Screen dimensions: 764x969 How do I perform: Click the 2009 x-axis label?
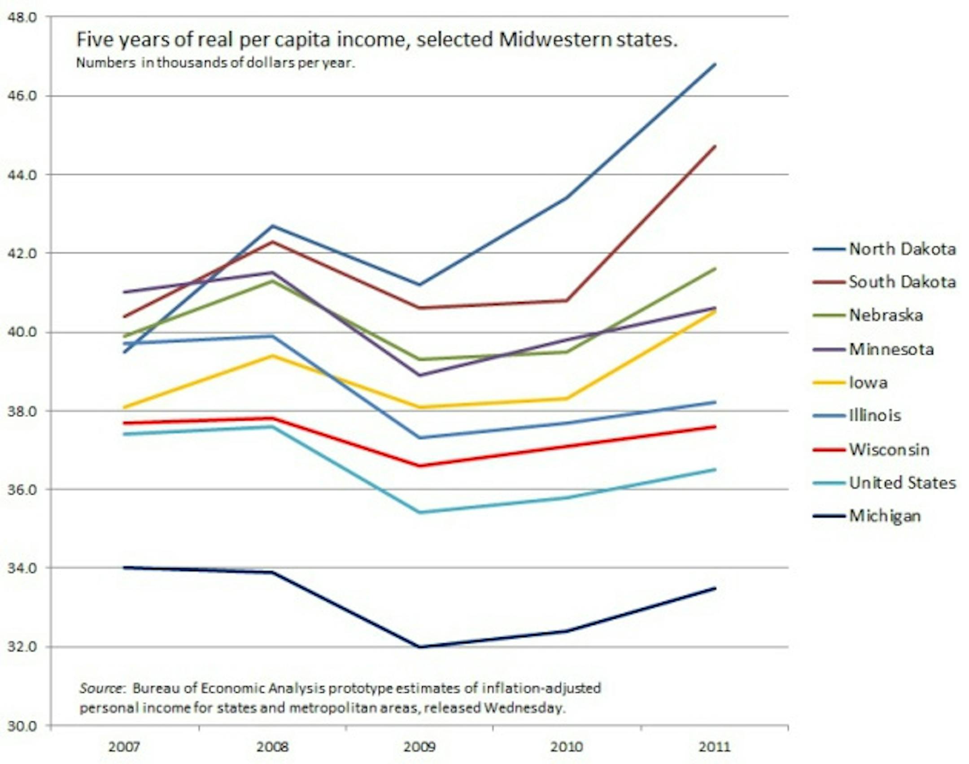[x=419, y=747]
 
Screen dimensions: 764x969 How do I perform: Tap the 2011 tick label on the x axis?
[x=715, y=747]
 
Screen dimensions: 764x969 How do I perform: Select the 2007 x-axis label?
[x=124, y=747]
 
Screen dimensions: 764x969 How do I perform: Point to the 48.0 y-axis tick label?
[x=22, y=17]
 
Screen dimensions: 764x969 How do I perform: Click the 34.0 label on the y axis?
[x=22, y=568]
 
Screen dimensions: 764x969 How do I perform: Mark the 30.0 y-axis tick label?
[x=22, y=726]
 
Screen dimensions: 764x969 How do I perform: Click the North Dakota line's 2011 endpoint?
[x=715, y=64]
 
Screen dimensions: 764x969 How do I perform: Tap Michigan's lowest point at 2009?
[x=420, y=647]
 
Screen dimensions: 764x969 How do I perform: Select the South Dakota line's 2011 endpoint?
[x=715, y=146]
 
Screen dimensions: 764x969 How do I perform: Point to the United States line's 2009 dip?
[x=420, y=512]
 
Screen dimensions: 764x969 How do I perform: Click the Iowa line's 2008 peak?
[x=272, y=356]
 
